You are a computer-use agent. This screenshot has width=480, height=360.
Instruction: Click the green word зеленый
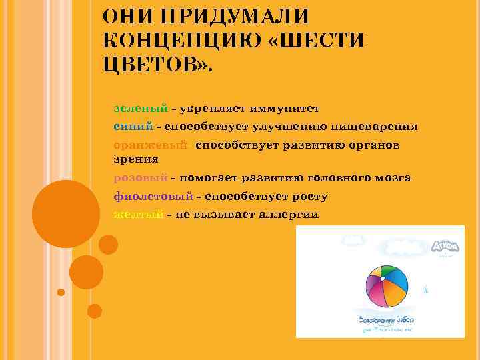point(140,107)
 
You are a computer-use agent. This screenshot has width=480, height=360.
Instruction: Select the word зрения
point(136,159)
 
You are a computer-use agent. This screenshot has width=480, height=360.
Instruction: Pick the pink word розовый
point(141,178)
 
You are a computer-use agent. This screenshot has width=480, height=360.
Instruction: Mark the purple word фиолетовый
point(153,196)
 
